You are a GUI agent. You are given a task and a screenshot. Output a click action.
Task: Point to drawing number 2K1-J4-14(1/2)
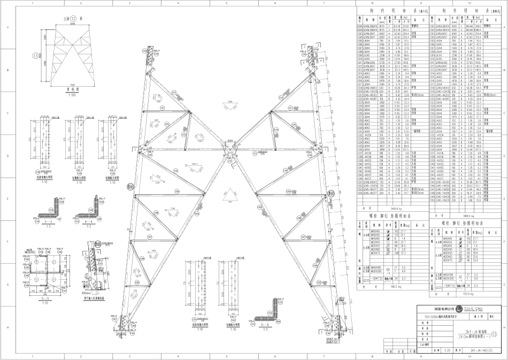[481, 351]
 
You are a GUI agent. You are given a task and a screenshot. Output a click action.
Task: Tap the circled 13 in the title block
[501, 333]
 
